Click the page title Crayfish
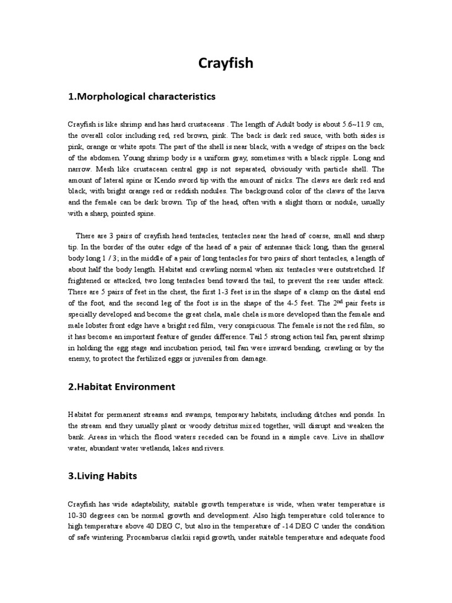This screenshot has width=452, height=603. coord(225,62)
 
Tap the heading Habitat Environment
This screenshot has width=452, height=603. coord(122,387)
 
